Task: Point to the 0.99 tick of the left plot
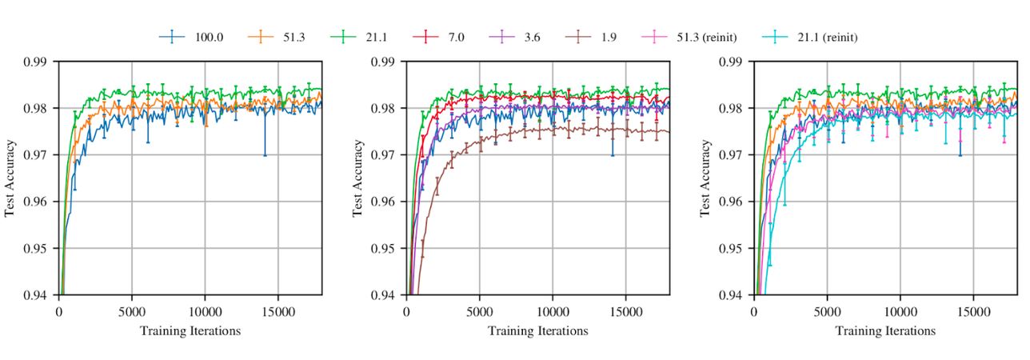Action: pyautogui.click(x=36, y=61)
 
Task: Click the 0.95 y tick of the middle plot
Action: pyautogui.click(x=384, y=248)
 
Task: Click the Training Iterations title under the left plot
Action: pyautogui.click(x=190, y=330)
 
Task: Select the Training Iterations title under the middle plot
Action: pyautogui.click(x=538, y=330)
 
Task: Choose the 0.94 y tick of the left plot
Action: pyautogui.click(x=36, y=295)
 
